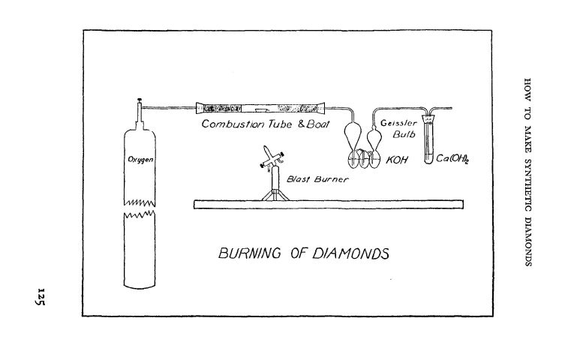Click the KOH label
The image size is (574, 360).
click(x=397, y=159)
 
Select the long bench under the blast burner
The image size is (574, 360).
click(x=330, y=204)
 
